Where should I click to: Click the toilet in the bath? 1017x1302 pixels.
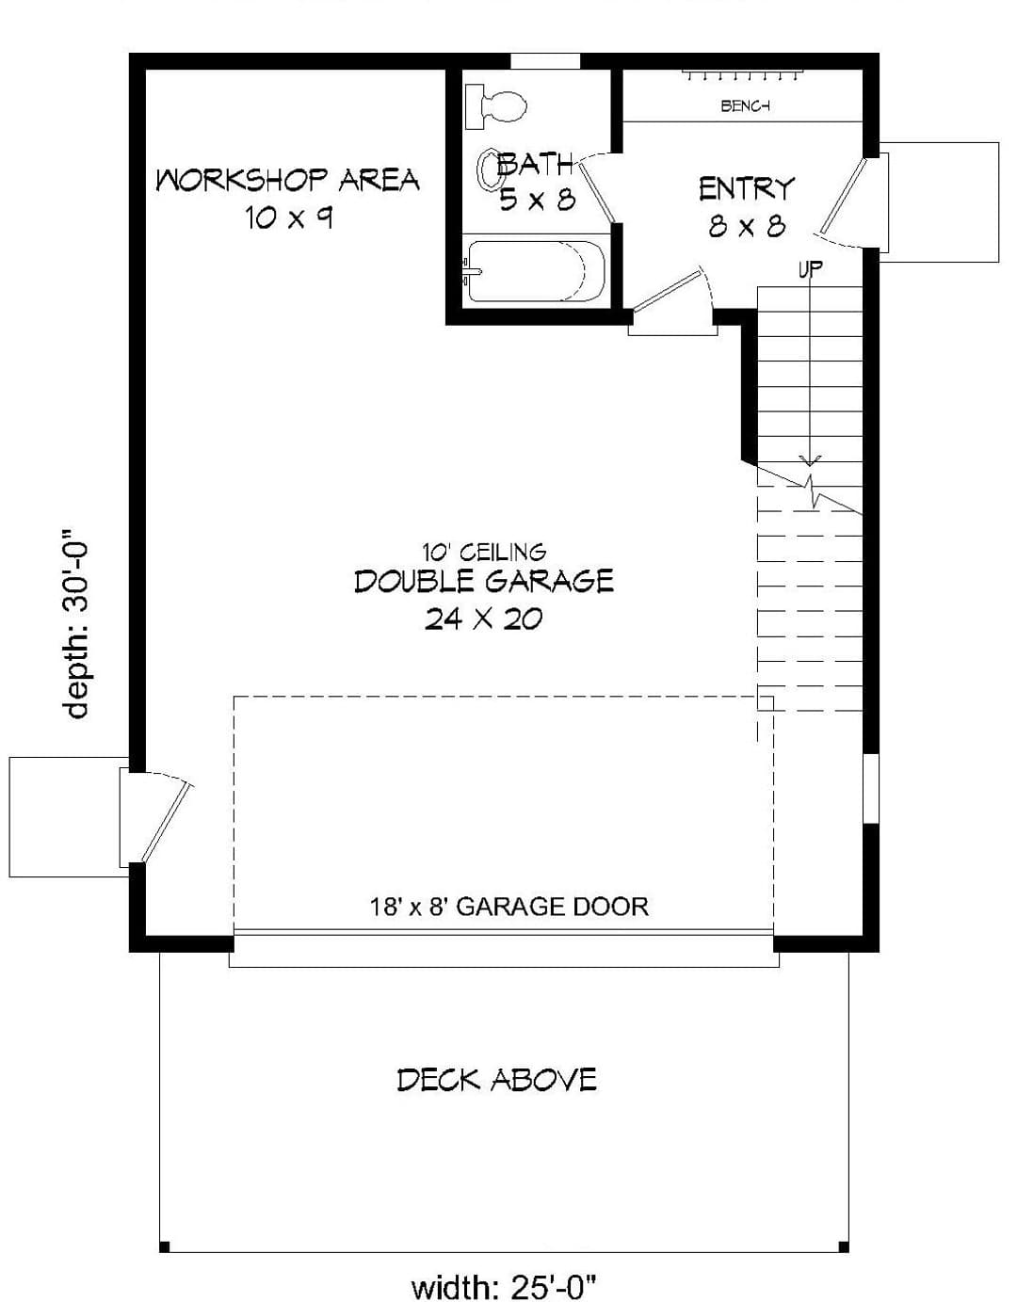[x=495, y=107]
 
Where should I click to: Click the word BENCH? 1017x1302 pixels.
[x=746, y=106]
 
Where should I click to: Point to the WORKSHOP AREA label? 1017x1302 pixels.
[x=287, y=180]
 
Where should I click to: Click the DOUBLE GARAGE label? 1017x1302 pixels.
[x=484, y=581]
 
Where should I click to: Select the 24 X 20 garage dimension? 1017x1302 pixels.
[x=484, y=619]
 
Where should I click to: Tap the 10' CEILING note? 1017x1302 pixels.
[x=484, y=551]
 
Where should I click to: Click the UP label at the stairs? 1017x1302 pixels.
[x=810, y=269]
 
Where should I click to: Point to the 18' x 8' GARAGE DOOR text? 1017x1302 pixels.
[x=508, y=907]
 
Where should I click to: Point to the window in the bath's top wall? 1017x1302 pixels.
[x=545, y=61]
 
